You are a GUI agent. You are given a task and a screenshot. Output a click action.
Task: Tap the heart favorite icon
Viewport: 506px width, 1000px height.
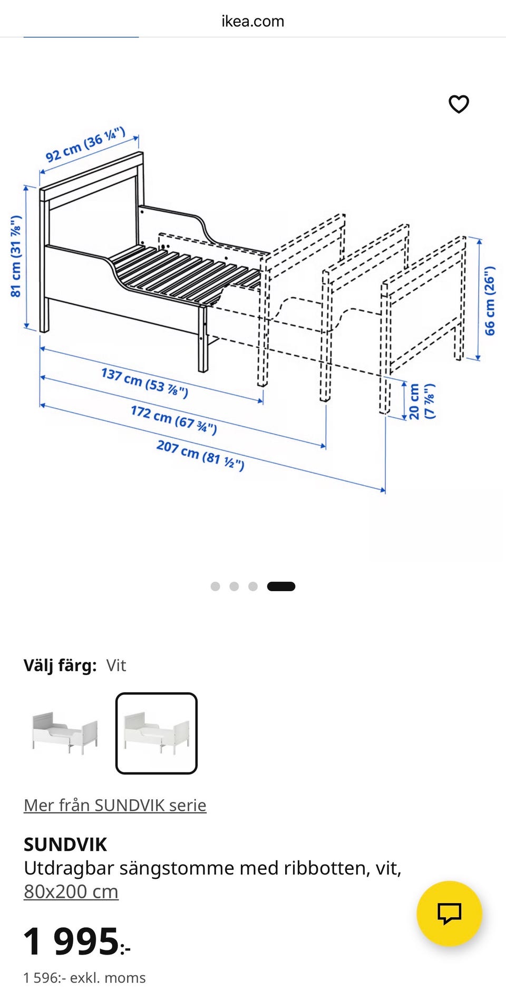[x=459, y=104]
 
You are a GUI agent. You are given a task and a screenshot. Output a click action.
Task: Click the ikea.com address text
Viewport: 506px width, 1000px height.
[x=253, y=21]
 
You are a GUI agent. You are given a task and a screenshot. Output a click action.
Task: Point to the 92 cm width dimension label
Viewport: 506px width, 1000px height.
[x=85, y=144]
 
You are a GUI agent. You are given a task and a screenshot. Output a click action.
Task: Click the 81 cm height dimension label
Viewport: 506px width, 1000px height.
[x=16, y=256]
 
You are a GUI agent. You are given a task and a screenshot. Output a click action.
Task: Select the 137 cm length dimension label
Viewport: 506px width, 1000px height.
[x=144, y=383]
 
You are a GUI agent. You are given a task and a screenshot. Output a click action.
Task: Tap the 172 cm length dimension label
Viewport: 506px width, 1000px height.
[x=174, y=419]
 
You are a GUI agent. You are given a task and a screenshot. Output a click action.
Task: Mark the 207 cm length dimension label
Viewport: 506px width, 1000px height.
[x=200, y=455]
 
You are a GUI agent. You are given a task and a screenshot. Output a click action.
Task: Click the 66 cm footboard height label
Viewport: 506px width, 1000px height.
[x=490, y=301]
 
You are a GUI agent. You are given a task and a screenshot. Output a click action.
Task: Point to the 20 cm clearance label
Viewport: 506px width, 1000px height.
[x=422, y=401]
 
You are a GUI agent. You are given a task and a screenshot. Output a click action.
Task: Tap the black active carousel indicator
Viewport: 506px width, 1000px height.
[x=281, y=586]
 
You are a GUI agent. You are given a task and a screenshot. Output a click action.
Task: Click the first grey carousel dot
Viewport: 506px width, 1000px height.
[x=215, y=586]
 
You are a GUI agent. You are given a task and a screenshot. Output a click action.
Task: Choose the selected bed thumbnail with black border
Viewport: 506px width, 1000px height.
[x=157, y=733]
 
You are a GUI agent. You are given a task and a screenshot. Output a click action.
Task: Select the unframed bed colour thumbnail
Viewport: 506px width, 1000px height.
[x=65, y=733]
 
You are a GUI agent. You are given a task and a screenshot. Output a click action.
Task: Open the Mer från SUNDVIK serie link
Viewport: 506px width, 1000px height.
[x=115, y=805]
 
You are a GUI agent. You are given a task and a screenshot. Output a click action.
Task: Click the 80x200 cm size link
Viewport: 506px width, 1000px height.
[x=71, y=891]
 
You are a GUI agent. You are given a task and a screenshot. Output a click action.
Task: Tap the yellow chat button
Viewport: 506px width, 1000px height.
[x=449, y=914]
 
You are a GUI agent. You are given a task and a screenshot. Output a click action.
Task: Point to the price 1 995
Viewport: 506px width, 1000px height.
[x=77, y=941]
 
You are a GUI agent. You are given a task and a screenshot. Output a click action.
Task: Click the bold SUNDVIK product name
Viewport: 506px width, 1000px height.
[x=65, y=845]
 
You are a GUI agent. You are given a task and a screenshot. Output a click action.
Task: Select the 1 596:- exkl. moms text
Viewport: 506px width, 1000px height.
[x=84, y=978]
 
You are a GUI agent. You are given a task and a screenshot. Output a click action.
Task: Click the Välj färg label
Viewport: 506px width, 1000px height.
[x=60, y=665]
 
